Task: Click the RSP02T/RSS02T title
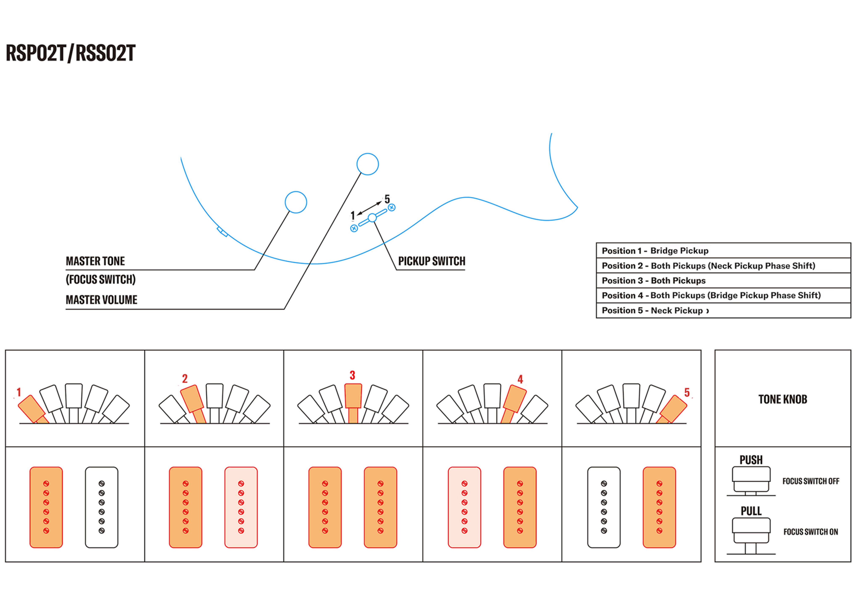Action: pyautogui.click(x=70, y=53)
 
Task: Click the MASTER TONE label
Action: pyautogui.click(x=95, y=261)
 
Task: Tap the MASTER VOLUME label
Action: pyautogui.click(x=101, y=300)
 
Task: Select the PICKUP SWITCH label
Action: pyautogui.click(x=432, y=261)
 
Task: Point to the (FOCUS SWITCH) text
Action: pyautogui.click(x=100, y=280)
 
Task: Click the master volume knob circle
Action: pyautogui.click(x=367, y=164)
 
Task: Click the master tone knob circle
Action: pyautogui.click(x=296, y=202)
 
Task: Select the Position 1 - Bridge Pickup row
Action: pyautogui.click(x=723, y=251)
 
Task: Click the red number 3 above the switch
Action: pyautogui.click(x=352, y=375)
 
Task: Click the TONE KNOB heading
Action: pyautogui.click(x=783, y=400)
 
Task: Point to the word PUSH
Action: pyautogui.click(x=751, y=460)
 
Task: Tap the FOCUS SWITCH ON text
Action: pyautogui.click(x=810, y=532)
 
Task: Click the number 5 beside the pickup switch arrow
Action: pyautogui.click(x=387, y=199)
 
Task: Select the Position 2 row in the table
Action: pyautogui.click(x=723, y=266)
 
